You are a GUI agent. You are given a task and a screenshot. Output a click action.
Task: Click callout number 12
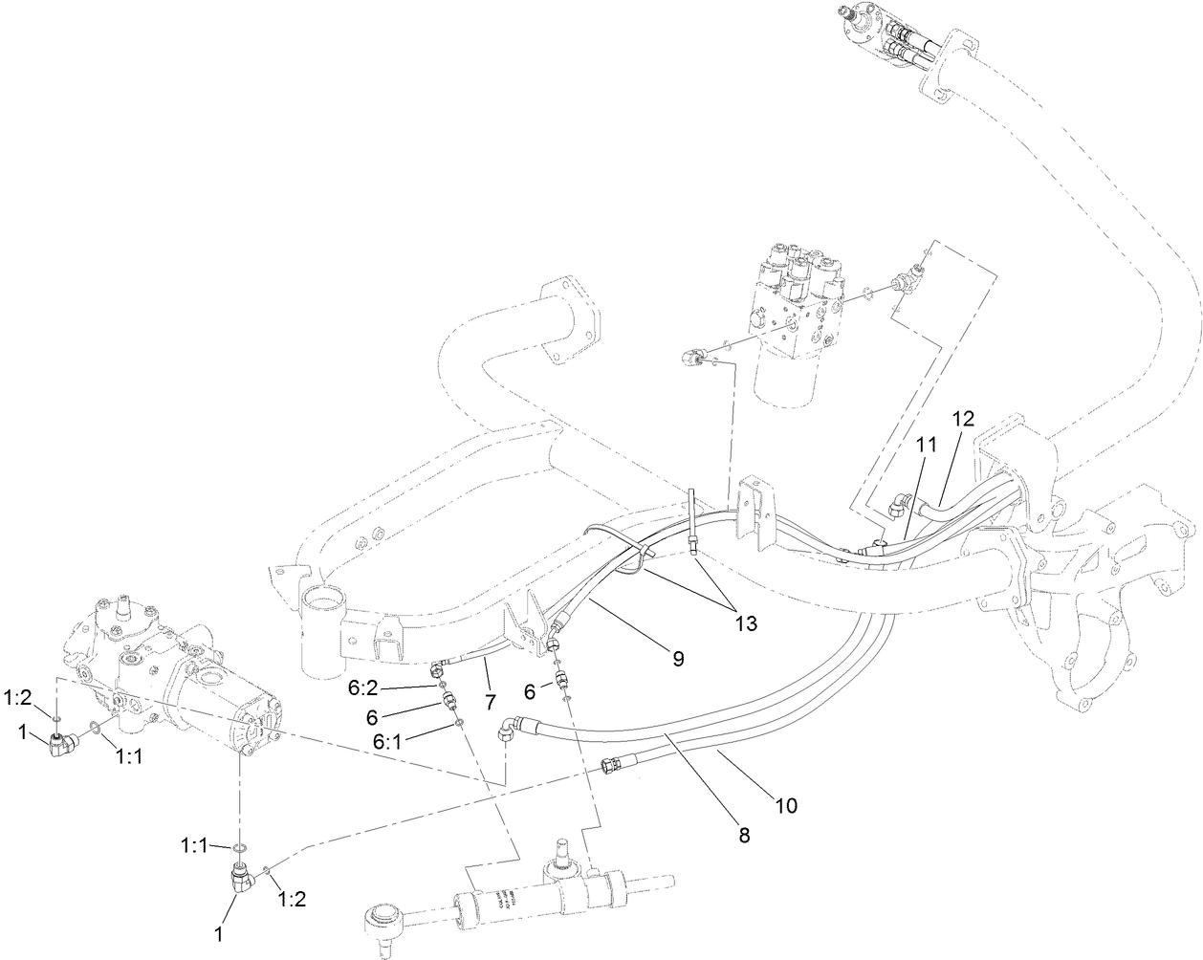coord(962,418)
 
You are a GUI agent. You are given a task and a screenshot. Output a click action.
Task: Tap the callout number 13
coord(746,623)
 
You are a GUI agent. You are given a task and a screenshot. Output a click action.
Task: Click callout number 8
coord(745,834)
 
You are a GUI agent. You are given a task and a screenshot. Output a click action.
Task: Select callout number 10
coord(785,806)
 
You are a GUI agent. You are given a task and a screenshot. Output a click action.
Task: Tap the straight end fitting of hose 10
coord(610,763)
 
